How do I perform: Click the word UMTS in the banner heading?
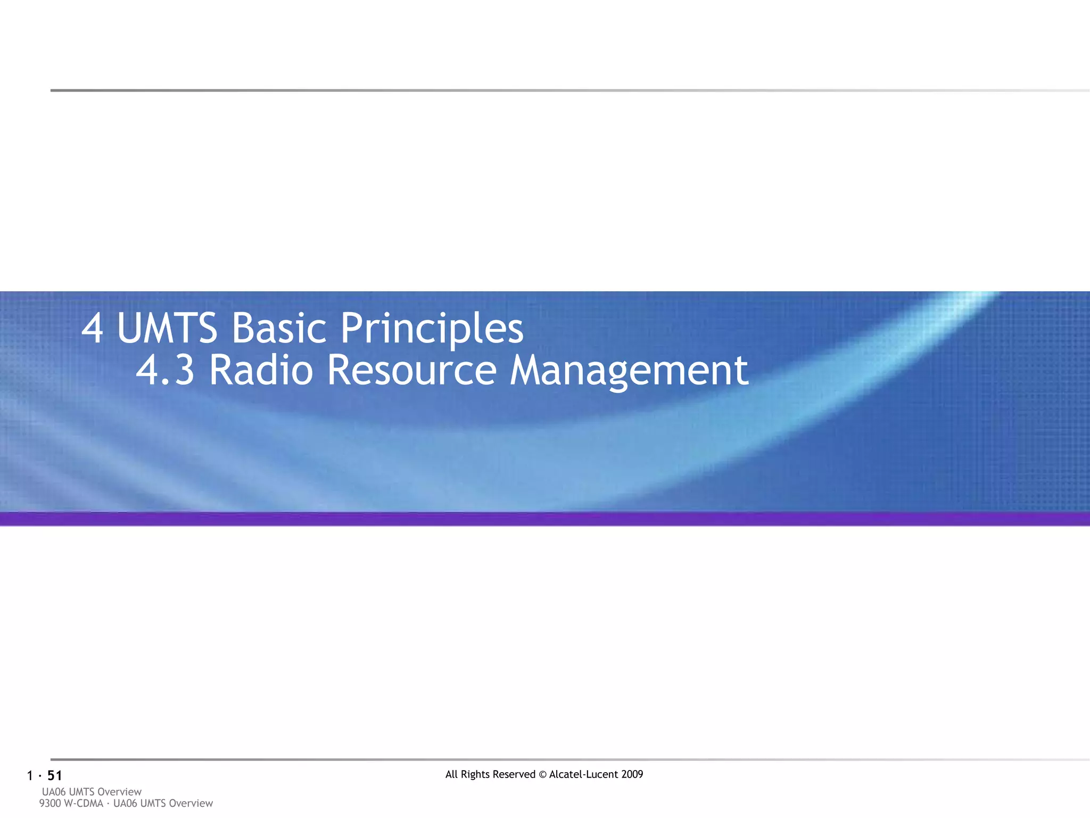click(167, 329)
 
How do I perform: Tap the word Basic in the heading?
click(278, 329)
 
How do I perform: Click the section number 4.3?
click(166, 371)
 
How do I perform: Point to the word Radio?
click(261, 371)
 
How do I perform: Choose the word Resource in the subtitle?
click(411, 371)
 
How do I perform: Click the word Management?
click(629, 372)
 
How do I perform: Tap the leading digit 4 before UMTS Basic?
click(92, 329)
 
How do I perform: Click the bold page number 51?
click(55, 776)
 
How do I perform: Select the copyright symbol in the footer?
click(542, 775)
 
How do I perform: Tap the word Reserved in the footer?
click(514, 774)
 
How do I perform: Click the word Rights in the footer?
click(475, 775)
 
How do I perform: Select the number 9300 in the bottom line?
click(50, 804)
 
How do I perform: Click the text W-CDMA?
click(83, 804)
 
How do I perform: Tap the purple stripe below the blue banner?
click(545, 519)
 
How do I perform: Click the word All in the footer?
click(451, 774)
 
